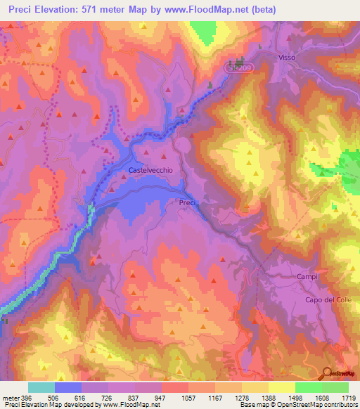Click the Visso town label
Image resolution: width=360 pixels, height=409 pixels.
coord(287,57)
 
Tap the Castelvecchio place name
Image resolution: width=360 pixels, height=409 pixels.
coord(150,170)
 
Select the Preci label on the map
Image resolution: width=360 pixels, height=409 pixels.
coord(186,202)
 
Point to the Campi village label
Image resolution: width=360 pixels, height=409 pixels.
coord(307,276)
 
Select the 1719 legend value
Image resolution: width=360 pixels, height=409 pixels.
coord(349,397)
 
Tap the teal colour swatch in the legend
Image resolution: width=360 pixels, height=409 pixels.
coord(41,387)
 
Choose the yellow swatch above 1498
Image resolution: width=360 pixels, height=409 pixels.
coord(281,387)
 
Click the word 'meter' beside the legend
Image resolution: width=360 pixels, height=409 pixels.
coord(10,397)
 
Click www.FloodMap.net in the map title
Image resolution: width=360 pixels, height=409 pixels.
coord(208,10)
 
